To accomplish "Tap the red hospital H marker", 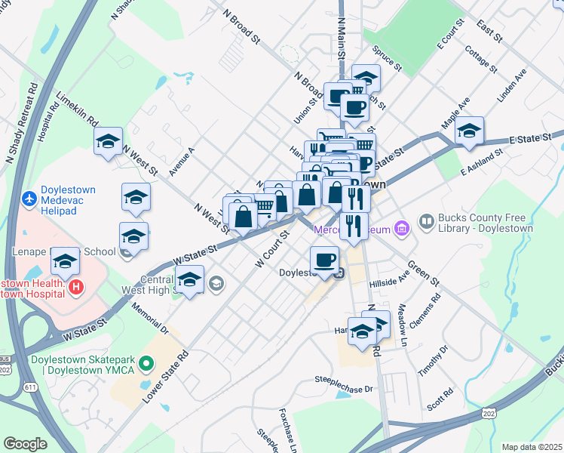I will [x=75, y=287].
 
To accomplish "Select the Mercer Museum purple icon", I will [x=401, y=227].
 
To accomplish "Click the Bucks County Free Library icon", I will [x=428, y=221].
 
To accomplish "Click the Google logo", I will [x=25, y=444].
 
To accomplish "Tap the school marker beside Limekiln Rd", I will [x=108, y=140].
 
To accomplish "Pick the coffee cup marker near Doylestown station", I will [x=324, y=260].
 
